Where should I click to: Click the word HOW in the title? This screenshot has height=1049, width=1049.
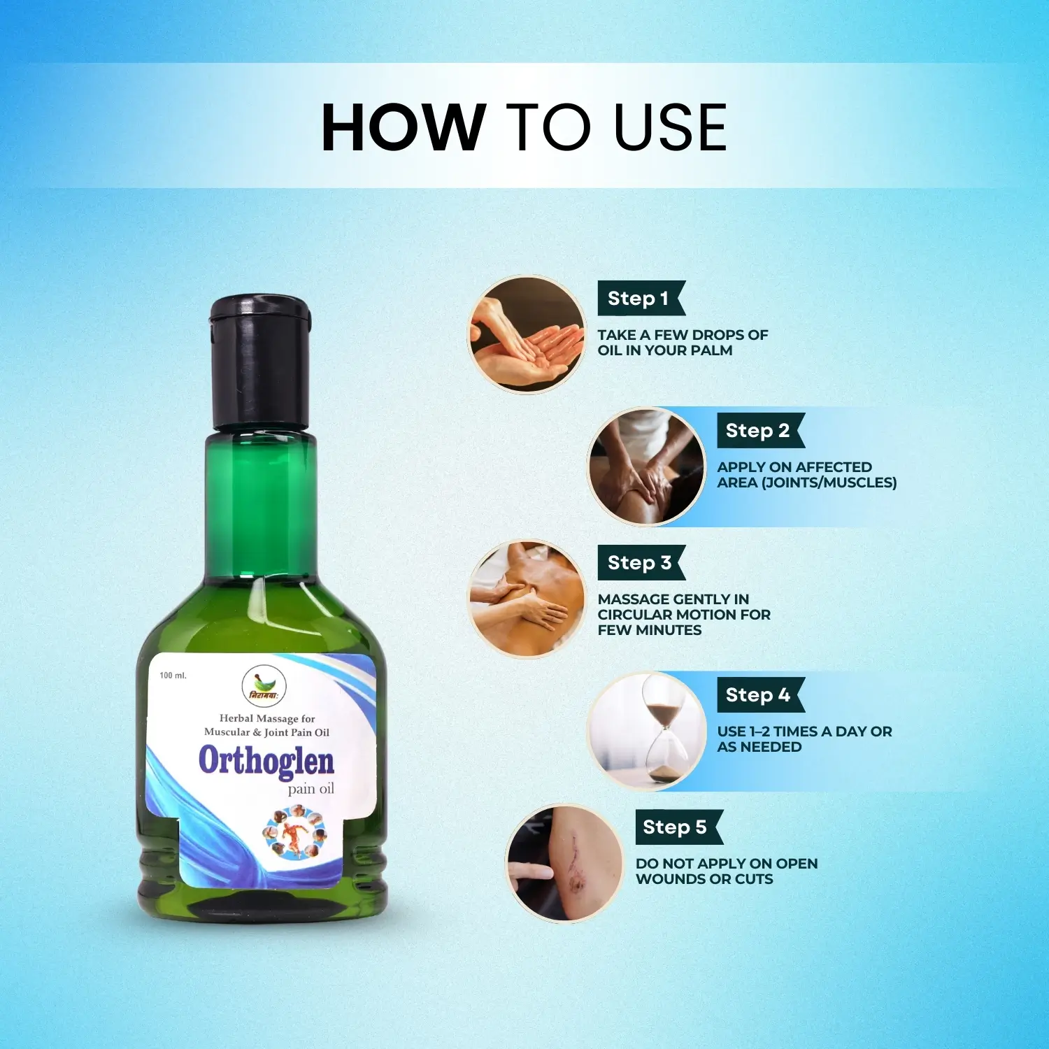click(x=403, y=127)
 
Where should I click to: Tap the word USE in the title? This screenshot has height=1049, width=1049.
click(x=670, y=127)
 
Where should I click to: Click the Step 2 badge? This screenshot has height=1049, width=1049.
click(x=760, y=431)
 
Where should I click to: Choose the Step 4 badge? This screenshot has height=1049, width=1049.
click(x=760, y=695)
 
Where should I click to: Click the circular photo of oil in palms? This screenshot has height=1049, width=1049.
click(x=527, y=334)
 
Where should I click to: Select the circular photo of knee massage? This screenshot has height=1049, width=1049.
click(x=646, y=466)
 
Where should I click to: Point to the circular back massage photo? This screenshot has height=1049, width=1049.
click(x=527, y=599)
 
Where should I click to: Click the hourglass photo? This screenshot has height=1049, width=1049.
click(x=646, y=731)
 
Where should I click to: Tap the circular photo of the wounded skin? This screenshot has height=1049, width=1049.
click(x=564, y=863)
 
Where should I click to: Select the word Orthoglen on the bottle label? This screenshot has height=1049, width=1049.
click(x=266, y=761)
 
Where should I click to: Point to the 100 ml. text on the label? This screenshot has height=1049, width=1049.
click(x=173, y=676)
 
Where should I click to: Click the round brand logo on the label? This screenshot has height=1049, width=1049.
click(x=264, y=685)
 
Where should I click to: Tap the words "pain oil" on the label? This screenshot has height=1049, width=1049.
click(x=311, y=790)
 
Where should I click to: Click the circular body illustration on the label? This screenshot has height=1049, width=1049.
click(x=294, y=832)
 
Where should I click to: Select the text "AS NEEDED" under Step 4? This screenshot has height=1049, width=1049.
click(x=759, y=747)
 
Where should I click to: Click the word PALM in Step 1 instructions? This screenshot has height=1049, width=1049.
click(x=712, y=350)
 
